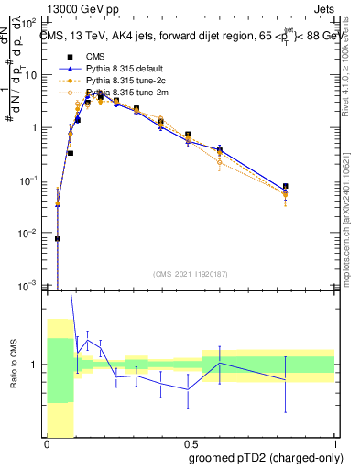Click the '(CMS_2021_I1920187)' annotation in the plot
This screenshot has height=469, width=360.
[191, 273]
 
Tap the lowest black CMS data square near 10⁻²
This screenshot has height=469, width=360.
[58, 238]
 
